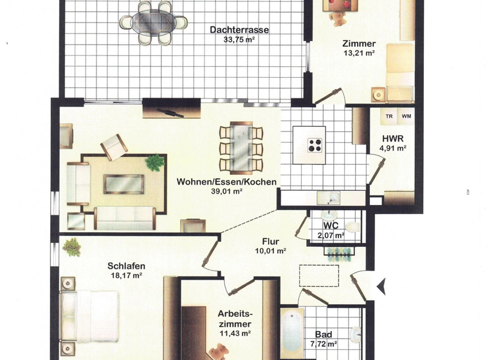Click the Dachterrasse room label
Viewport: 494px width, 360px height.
pos(239,30)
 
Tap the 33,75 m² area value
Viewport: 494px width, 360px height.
pos(239,39)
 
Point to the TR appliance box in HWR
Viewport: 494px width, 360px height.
pos(389,116)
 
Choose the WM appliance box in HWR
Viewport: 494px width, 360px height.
pos(406,116)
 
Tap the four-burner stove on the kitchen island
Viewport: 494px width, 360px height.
pos(315,145)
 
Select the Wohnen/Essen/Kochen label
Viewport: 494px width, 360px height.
pos(226,182)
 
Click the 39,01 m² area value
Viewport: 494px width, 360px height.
pos(226,191)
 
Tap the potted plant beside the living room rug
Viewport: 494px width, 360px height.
pos(154,162)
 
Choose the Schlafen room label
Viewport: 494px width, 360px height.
pos(126,266)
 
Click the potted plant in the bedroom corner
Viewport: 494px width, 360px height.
pos(72,246)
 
